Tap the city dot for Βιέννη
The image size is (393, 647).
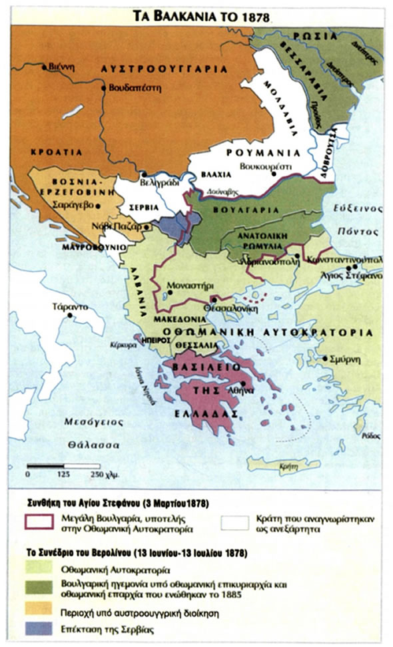click(x=45, y=67)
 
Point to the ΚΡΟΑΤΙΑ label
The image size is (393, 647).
click(x=56, y=152)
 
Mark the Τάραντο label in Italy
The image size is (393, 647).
click(x=67, y=308)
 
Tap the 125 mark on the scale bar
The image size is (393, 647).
click(x=63, y=474)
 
